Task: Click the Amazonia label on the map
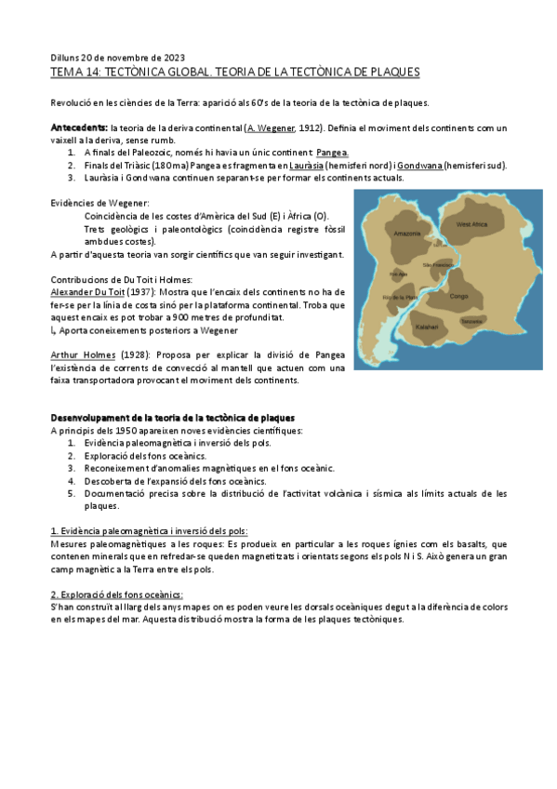[407, 233]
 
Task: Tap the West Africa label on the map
[471, 225]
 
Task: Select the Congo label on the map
[459, 296]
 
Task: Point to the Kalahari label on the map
[428, 327]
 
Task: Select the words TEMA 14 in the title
[74, 72]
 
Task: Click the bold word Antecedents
[79, 127]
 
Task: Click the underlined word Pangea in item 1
[333, 152]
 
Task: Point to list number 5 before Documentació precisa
[73, 494]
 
